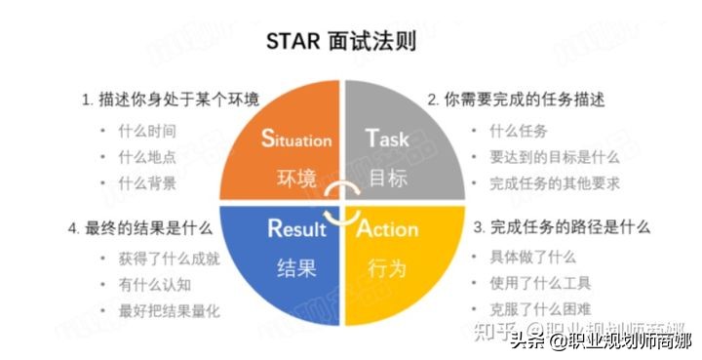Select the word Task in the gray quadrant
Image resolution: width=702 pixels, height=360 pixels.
click(388, 139)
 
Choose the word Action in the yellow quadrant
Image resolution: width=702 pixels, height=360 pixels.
click(387, 230)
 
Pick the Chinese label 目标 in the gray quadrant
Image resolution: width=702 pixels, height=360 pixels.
click(387, 180)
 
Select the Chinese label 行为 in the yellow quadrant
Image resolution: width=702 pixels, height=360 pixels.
click(387, 269)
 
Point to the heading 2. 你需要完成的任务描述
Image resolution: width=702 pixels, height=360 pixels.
click(517, 100)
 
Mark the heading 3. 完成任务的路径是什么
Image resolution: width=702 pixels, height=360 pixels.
click(562, 227)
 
